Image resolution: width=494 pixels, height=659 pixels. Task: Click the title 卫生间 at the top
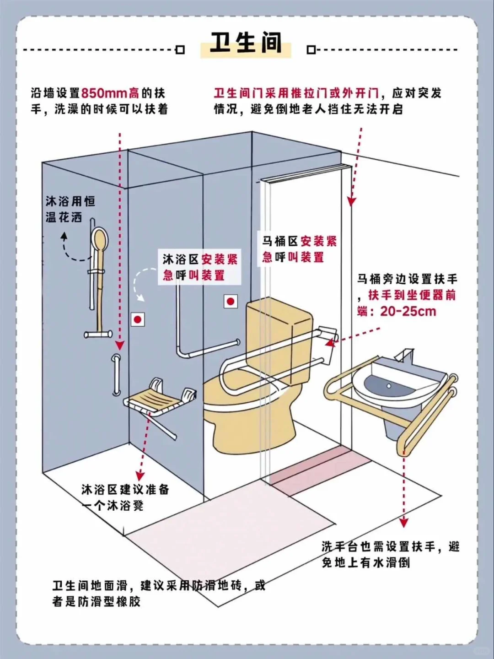[x=246, y=43]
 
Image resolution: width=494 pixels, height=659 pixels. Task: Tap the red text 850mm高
[x=110, y=93]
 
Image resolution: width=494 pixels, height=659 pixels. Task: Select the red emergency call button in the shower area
[x=138, y=319]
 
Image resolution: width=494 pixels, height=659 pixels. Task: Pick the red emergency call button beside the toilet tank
[x=231, y=301]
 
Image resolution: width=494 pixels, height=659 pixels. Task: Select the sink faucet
[x=405, y=355]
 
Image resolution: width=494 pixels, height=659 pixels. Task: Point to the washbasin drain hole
[x=389, y=386]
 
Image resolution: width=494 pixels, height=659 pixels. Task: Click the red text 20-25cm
[x=408, y=312]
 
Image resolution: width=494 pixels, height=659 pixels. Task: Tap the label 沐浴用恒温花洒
[x=70, y=209]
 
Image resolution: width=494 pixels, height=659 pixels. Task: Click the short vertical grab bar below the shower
[x=117, y=375]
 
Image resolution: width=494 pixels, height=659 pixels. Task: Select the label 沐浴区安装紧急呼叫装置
[x=200, y=267]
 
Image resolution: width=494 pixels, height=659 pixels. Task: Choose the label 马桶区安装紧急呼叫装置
[x=299, y=249]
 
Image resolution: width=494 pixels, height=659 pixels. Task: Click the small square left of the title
[x=180, y=50]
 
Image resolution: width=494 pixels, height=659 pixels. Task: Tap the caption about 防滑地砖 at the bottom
[x=158, y=593]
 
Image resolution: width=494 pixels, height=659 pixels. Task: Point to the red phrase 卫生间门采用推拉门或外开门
[x=296, y=93]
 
